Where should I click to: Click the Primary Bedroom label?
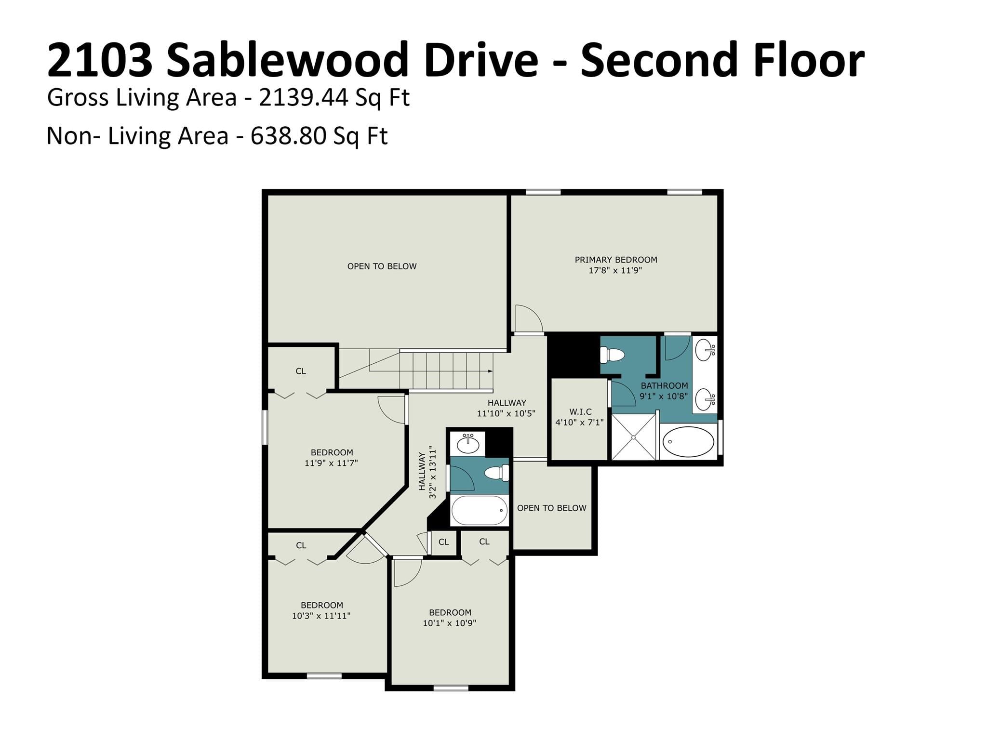(x=616, y=260)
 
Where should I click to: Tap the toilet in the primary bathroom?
(x=613, y=356)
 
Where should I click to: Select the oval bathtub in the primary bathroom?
(x=688, y=441)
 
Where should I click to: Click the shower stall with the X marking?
(x=633, y=436)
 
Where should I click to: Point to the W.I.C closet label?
(x=580, y=412)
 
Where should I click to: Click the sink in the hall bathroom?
(x=467, y=443)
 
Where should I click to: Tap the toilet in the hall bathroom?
(x=497, y=473)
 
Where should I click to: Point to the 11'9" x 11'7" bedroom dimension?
(x=331, y=463)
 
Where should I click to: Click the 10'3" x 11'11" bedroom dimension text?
(x=321, y=616)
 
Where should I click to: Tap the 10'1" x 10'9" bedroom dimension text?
(x=450, y=623)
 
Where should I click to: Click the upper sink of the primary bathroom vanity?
(x=706, y=349)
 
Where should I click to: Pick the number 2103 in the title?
(x=100, y=60)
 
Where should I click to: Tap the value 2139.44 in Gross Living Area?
(x=304, y=97)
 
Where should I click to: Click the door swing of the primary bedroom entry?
(x=529, y=318)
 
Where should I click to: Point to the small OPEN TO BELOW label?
(x=552, y=508)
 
